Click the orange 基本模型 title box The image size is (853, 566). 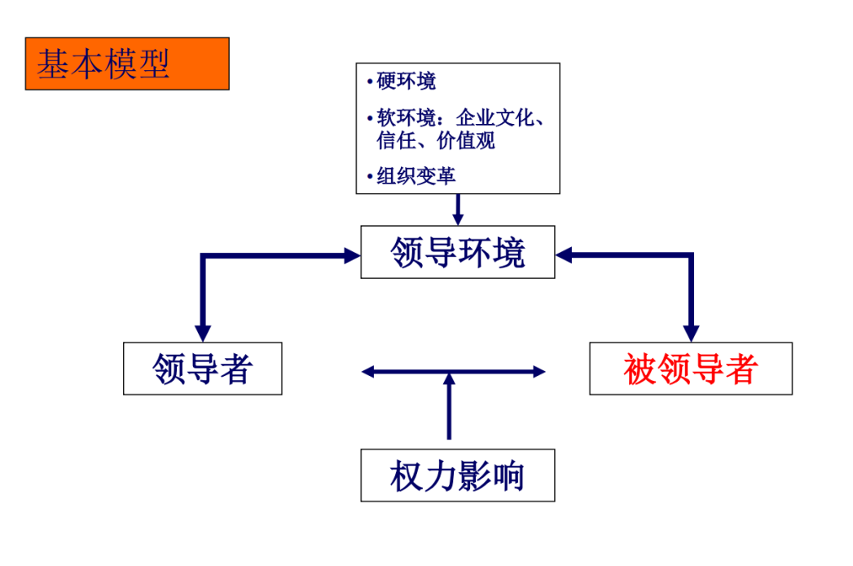[127, 64]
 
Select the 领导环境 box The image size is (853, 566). [458, 252]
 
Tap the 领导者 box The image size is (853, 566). [202, 369]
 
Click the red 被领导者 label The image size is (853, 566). [691, 369]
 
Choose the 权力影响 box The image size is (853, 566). [458, 475]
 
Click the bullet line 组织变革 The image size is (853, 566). [416, 176]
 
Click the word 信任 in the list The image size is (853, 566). [396, 140]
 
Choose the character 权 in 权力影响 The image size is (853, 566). [407, 475]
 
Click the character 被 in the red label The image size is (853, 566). [640, 369]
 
